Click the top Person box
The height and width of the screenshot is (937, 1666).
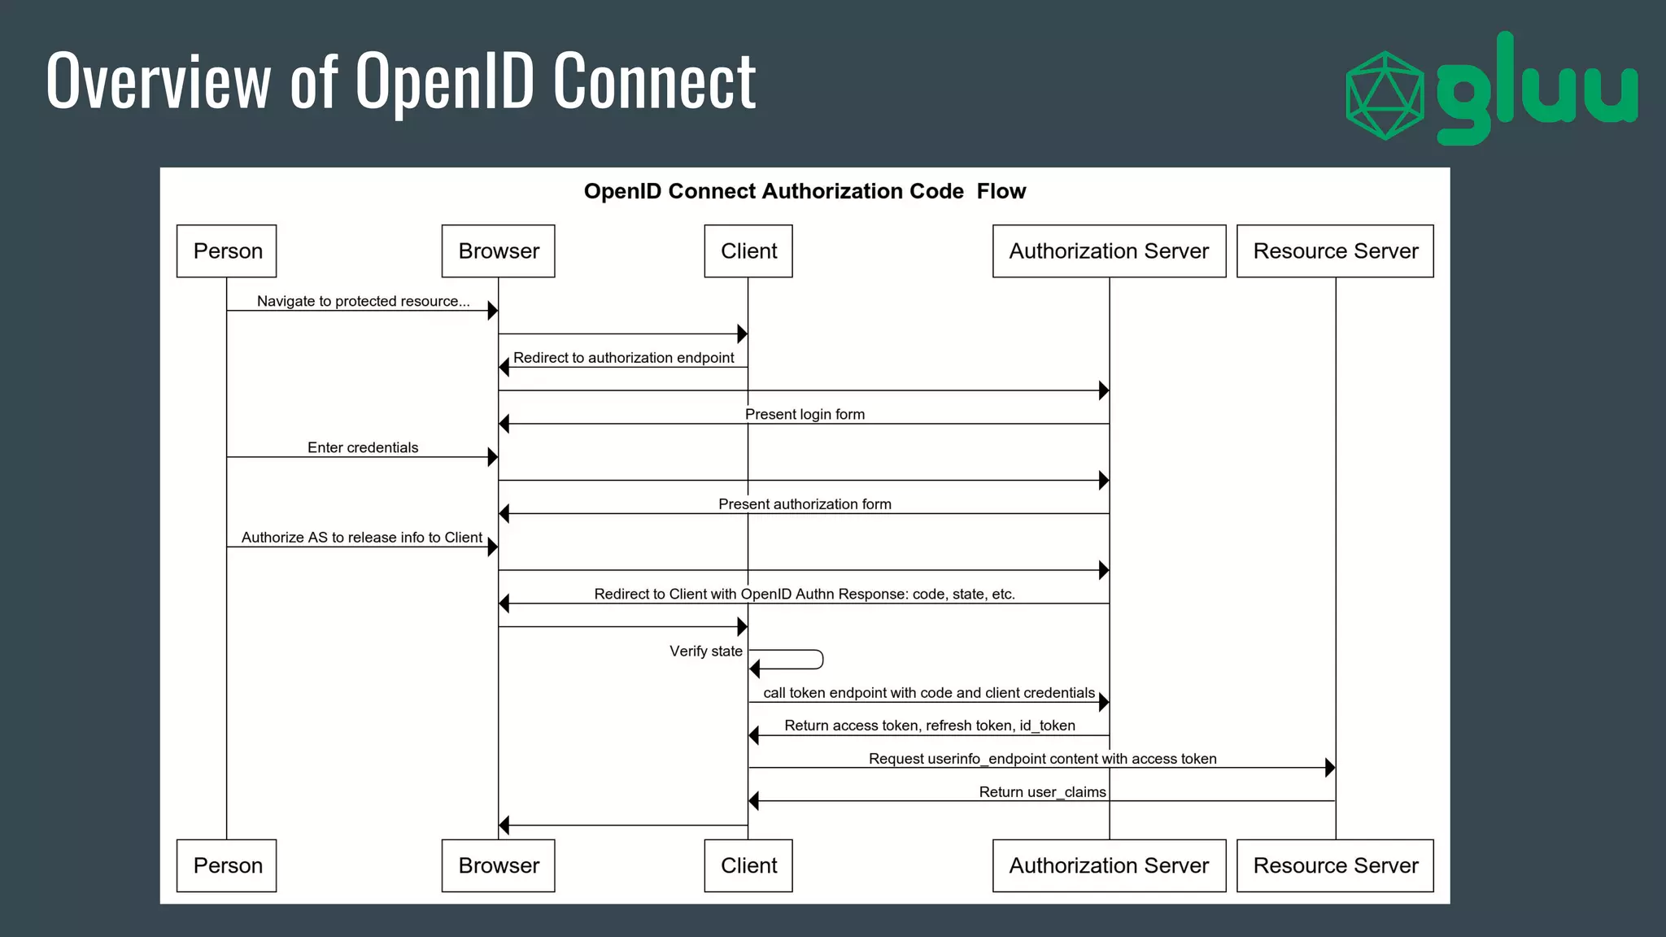click(226, 251)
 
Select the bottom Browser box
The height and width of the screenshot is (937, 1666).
click(498, 865)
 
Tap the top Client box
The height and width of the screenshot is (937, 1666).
click(748, 251)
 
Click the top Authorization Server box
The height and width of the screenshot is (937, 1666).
click(1108, 251)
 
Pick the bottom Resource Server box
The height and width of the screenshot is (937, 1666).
click(1334, 865)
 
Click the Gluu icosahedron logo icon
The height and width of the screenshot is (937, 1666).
click(1385, 95)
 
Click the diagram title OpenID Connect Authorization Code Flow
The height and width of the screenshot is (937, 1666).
click(805, 191)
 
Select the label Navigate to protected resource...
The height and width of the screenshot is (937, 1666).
click(363, 301)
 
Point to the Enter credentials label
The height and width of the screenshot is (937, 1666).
click(362, 447)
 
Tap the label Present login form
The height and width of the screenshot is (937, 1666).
click(805, 414)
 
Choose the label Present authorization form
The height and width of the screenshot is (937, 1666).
click(805, 504)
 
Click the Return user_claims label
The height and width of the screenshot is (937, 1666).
click(1042, 792)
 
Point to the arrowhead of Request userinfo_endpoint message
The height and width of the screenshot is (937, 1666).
click(1329, 767)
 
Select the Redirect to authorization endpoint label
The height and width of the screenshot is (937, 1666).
click(623, 358)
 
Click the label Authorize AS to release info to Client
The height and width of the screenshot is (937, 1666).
click(361, 538)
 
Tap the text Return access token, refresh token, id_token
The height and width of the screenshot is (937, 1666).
click(929, 726)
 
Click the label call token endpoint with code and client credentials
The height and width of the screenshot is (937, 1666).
click(928, 693)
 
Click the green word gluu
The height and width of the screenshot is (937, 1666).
click(1536, 89)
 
